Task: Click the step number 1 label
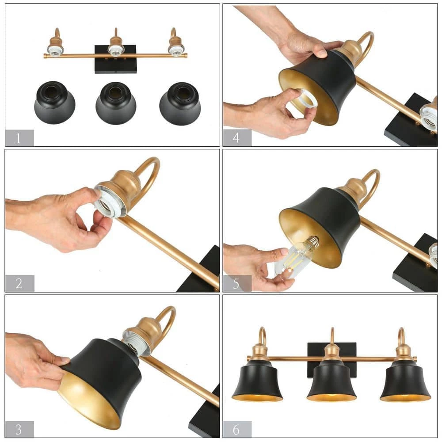[19, 138]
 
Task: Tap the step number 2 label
[19, 283]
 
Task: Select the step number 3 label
[19, 429]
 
